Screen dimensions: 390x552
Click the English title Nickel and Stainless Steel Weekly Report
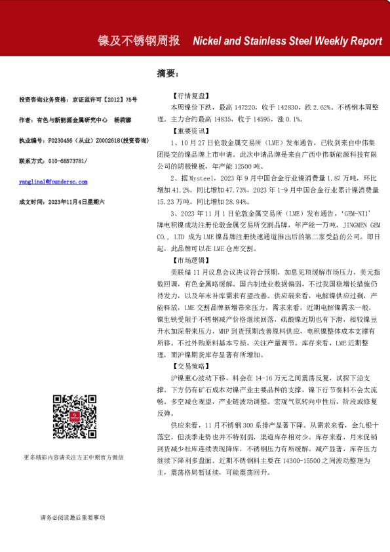pyautogui.click(x=287, y=41)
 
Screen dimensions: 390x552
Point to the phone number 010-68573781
pyautogui.click(x=66, y=161)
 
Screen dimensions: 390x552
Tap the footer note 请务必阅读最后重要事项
pyautogui.click(x=73, y=518)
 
